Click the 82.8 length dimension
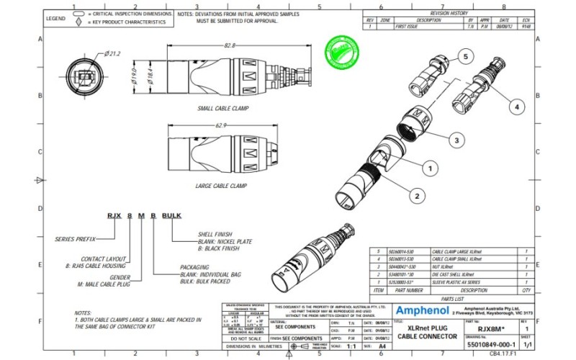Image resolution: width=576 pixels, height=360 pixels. tap(230, 45)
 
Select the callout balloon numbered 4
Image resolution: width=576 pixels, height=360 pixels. tap(516, 106)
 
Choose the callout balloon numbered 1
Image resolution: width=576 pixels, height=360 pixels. tap(430, 168)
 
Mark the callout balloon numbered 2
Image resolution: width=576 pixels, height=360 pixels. tap(415, 195)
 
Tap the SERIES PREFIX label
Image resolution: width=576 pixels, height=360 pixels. tap(76, 238)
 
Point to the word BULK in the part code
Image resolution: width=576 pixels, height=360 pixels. tap(172, 216)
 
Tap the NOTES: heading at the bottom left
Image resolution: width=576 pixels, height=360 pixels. tap(83, 313)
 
